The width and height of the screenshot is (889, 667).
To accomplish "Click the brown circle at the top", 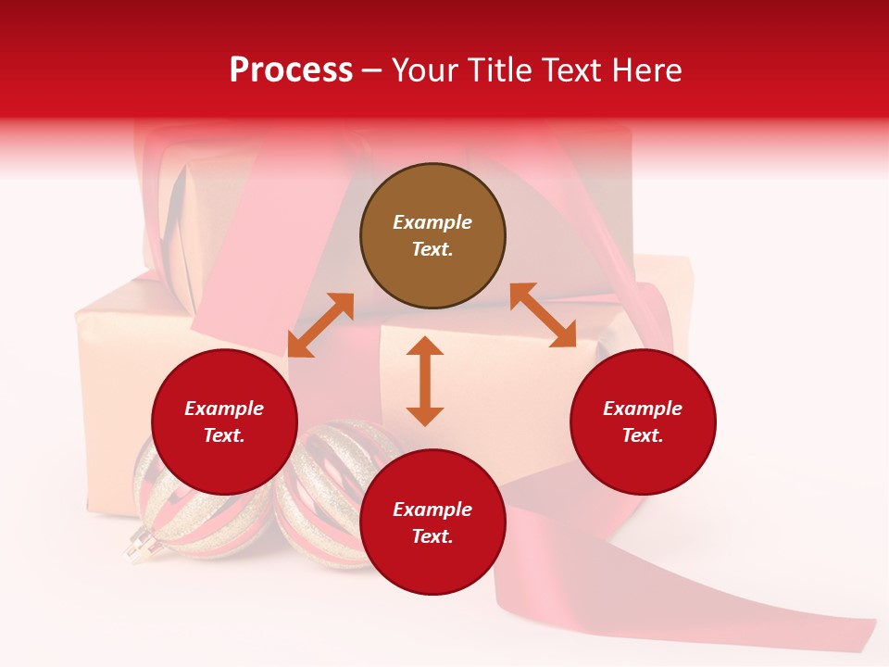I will tap(432, 235).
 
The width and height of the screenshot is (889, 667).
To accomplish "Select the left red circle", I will tap(224, 422).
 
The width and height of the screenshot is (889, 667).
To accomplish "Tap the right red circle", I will tap(643, 422).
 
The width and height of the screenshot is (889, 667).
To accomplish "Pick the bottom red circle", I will tap(432, 522).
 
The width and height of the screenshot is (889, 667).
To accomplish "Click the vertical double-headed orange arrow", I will tap(425, 381).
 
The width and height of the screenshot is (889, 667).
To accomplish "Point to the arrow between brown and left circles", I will tap(320, 325).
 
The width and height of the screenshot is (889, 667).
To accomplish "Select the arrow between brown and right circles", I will tap(543, 315).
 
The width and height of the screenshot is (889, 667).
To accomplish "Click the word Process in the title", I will tap(291, 69).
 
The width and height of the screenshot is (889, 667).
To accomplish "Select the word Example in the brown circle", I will tap(432, 222).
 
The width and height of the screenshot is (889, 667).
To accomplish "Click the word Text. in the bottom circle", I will tap(432, 536).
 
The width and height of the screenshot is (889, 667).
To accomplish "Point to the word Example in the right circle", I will tap(643, 409).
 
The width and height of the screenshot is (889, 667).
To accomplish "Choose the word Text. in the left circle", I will tap(224, 435).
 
